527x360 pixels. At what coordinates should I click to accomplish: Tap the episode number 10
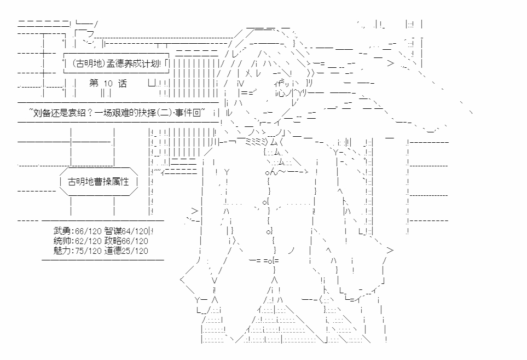coord(108,84)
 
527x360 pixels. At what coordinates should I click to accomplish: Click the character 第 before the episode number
coord(94,83)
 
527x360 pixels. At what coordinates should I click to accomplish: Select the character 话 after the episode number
coord(123,83)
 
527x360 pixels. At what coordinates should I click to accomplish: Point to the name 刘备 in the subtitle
coord(43,112)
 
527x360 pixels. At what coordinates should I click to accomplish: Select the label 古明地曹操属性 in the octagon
coord(99,182)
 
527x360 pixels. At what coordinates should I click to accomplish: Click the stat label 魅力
coord(62,251)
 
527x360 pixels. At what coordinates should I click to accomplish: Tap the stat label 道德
coord(113,251)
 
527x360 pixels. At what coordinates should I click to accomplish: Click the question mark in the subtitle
coord(90,112)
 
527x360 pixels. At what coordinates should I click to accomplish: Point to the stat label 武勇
coord(62,231)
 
